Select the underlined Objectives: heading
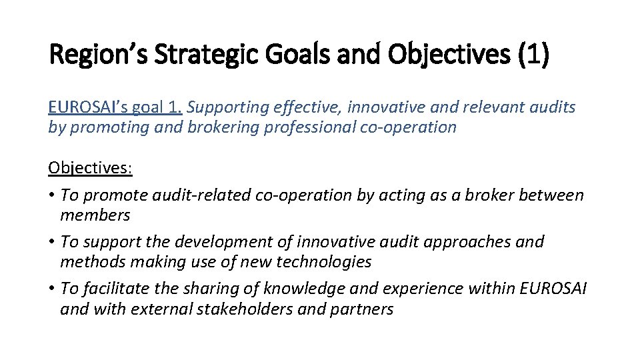[x=91, y=167]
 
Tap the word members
[x=95, y=215]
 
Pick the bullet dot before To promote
[x=52, y=195]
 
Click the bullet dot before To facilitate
[x=52, y=289]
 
